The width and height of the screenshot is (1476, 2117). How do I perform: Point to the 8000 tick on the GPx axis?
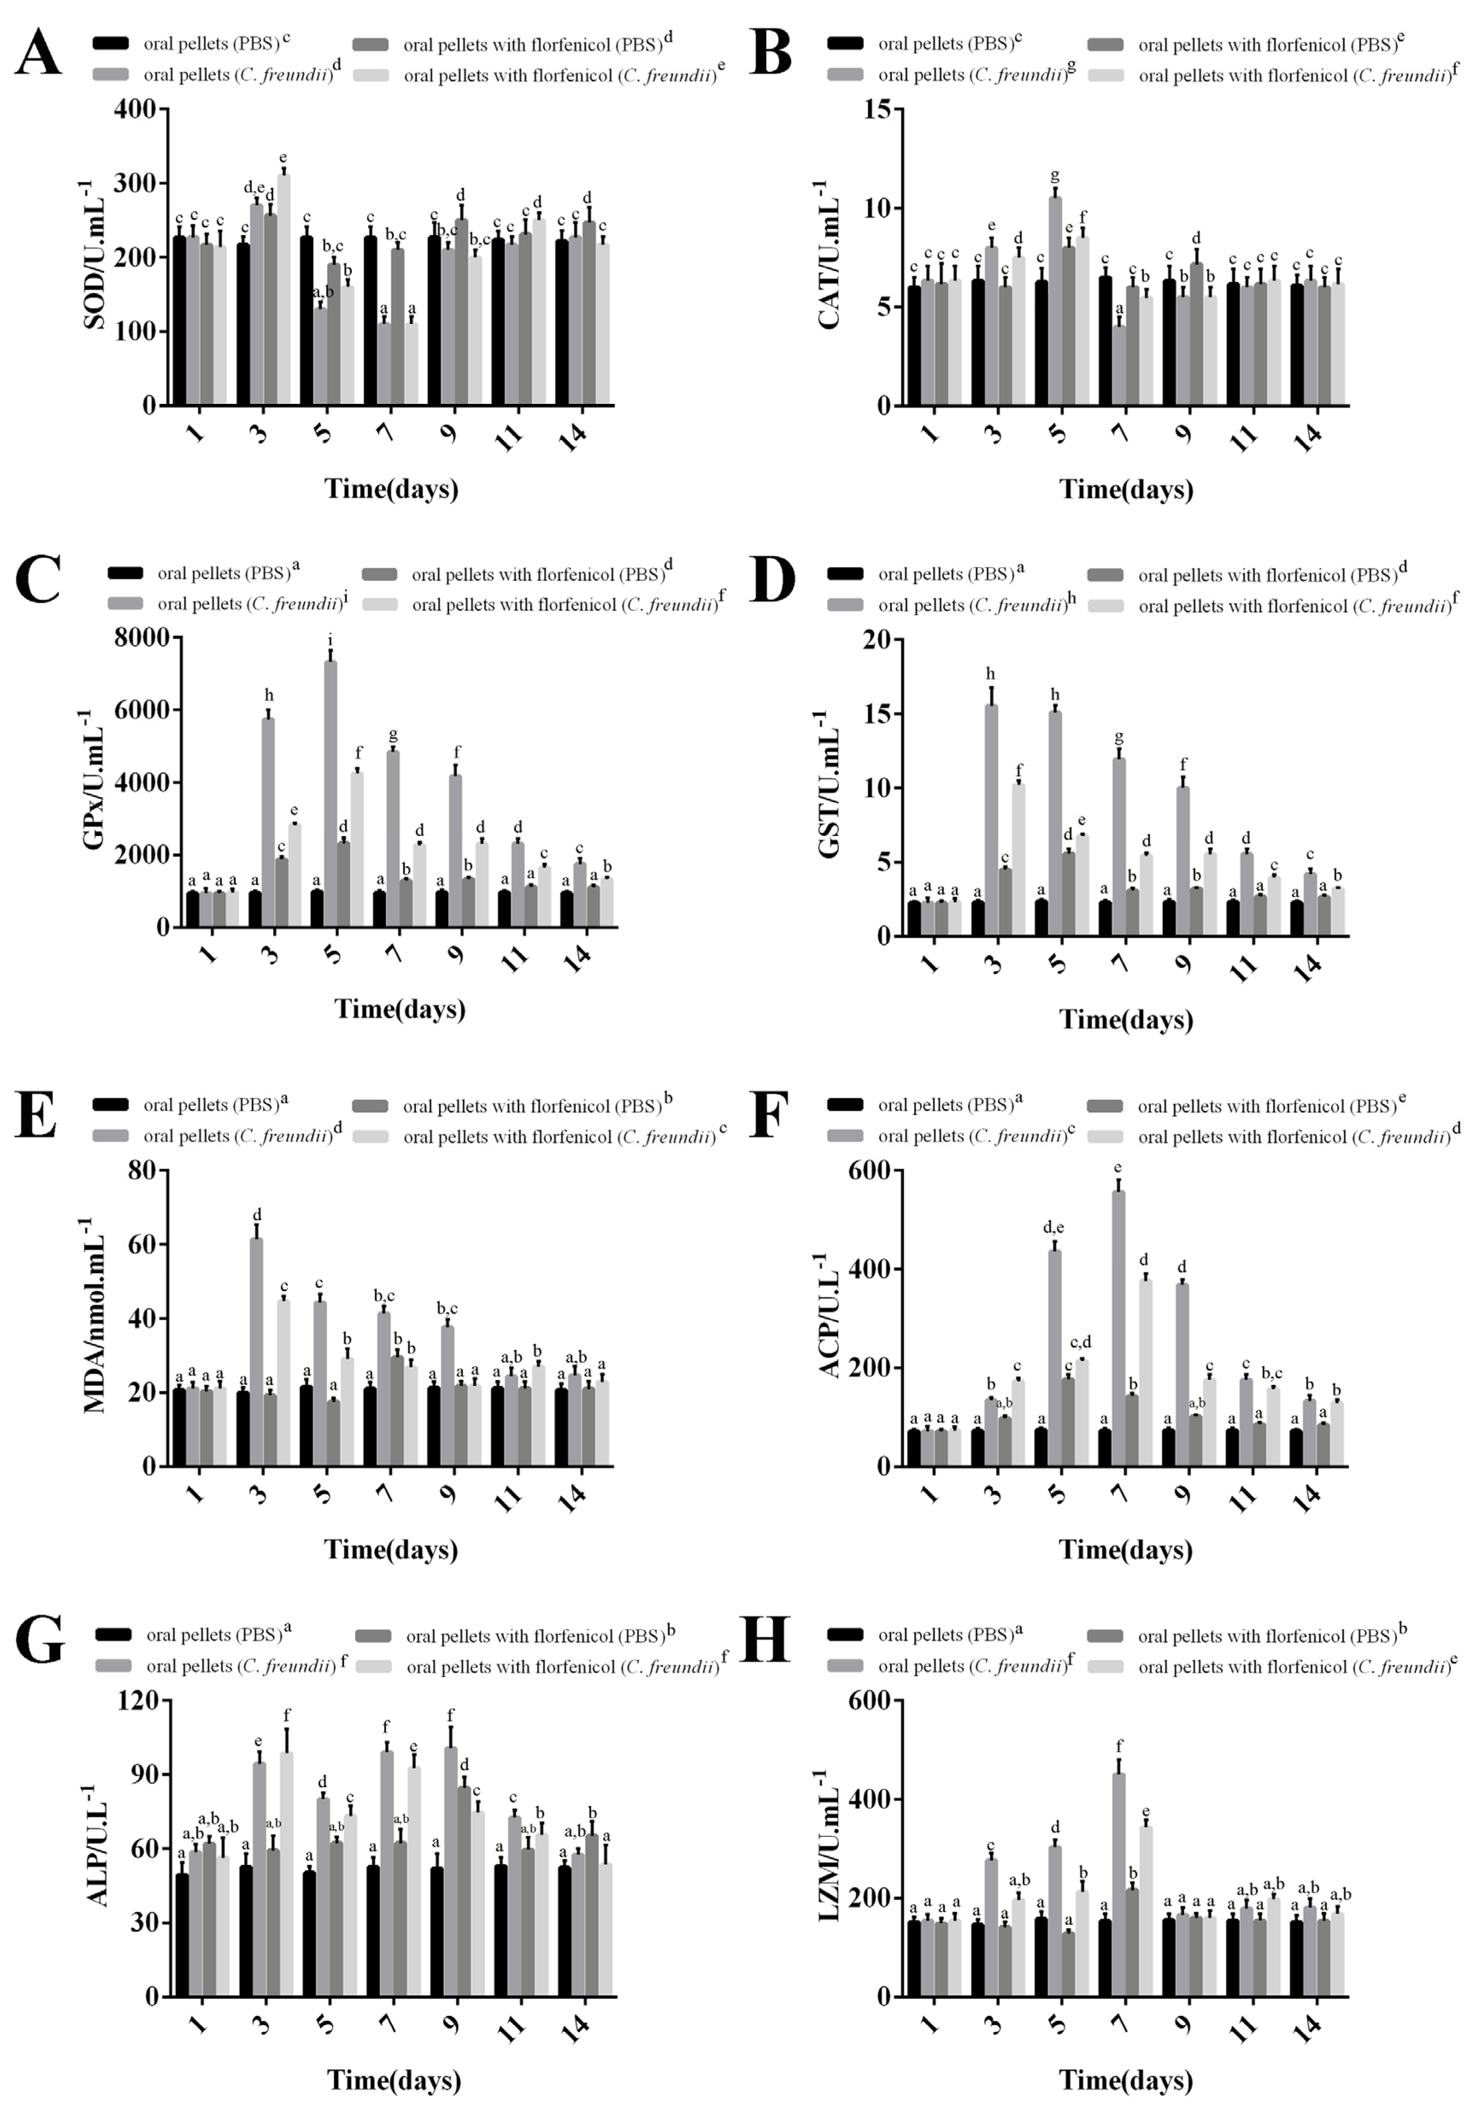142,637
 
